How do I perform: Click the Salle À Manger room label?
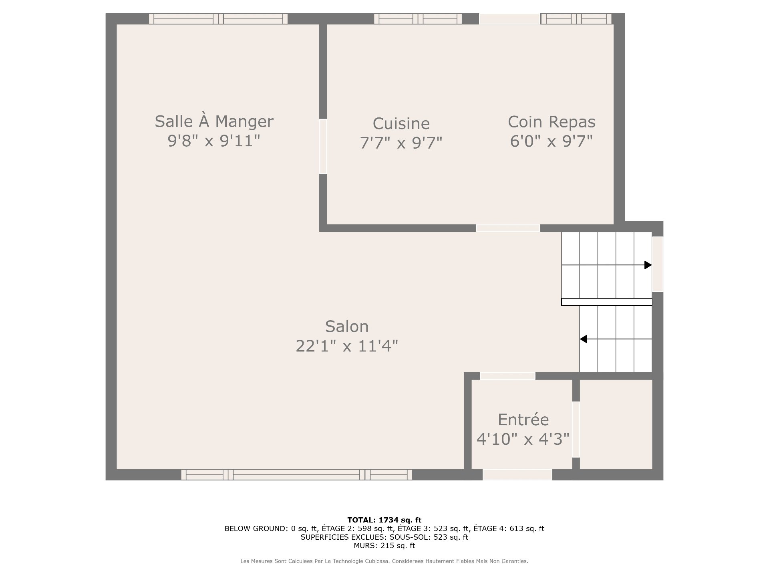(214, 122)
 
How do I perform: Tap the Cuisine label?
(401, 123)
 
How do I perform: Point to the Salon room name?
(346, 327)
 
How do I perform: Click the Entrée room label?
(523, 420)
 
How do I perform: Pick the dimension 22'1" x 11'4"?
(347, 346)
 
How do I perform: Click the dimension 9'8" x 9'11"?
(214, 141)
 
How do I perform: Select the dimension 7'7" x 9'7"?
(401, 143)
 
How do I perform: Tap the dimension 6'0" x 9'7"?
(551, 141)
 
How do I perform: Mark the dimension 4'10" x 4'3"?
(523, 439)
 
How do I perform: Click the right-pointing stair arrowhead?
(648, 265)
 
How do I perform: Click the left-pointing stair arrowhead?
(584, 339)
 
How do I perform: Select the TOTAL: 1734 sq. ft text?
(384, 520)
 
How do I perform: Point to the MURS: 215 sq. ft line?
(384, 546)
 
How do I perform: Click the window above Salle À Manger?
(218, 19)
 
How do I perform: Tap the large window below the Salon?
(297, 475)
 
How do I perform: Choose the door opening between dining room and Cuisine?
(323, 147)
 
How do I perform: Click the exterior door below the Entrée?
(517, 475)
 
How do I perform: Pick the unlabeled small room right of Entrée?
(616, 424)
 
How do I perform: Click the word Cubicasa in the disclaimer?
(376, 561)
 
